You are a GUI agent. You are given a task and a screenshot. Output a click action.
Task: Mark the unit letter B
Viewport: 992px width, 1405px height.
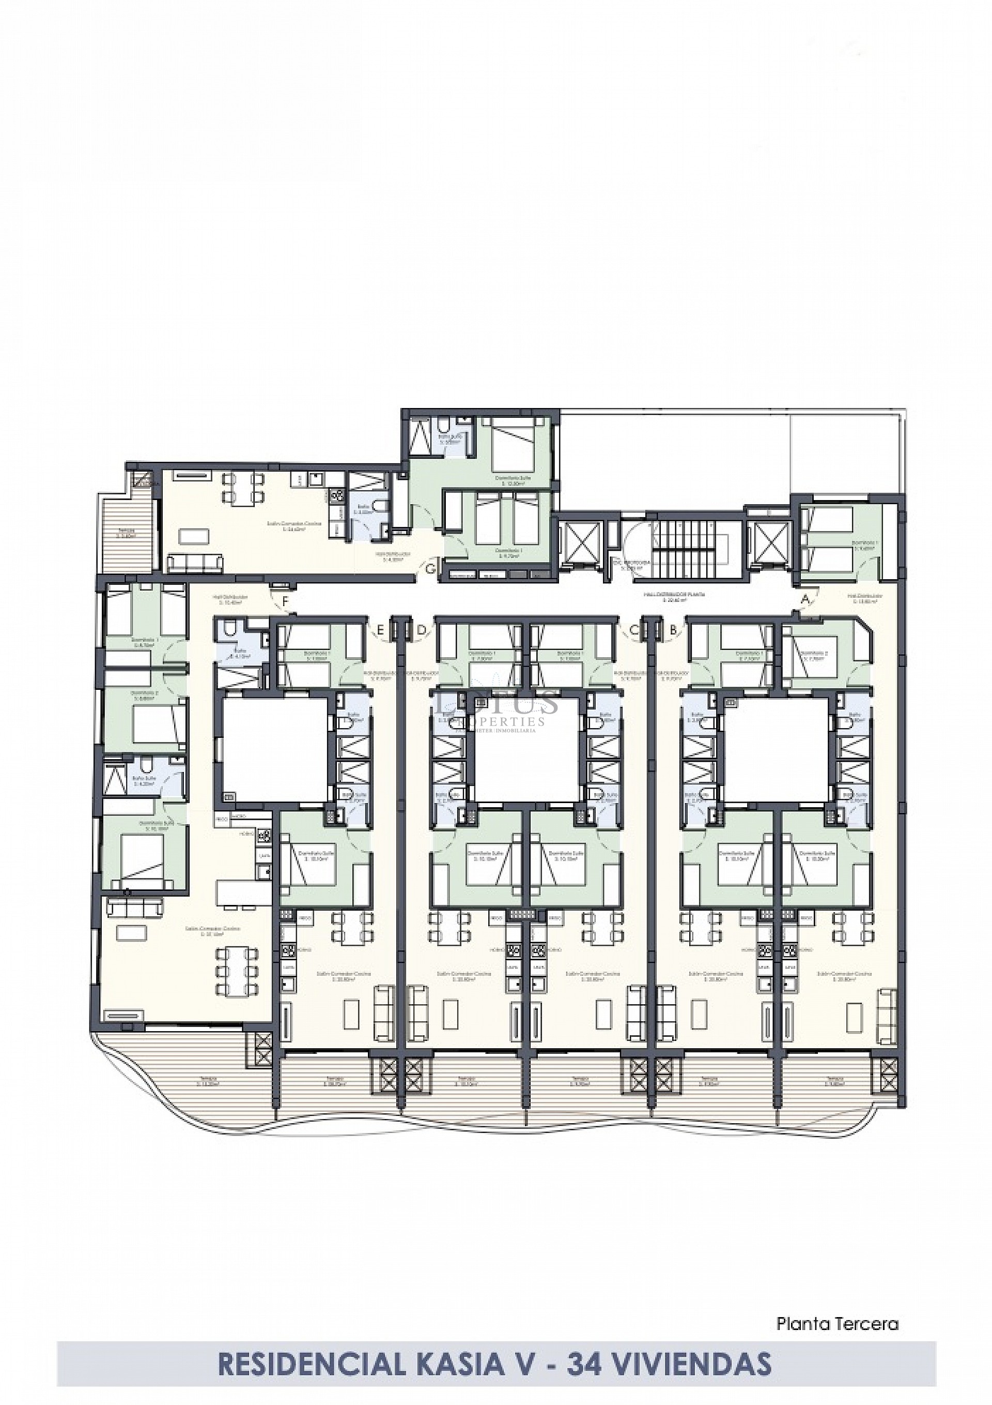click(673, 630)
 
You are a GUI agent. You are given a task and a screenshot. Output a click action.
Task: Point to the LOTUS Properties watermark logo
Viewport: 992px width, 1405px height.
click(496, 710)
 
